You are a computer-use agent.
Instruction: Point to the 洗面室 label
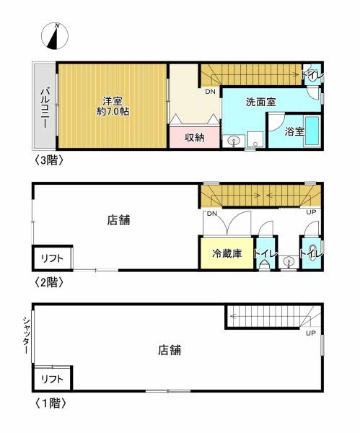(260, 102)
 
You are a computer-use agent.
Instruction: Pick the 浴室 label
(294, 132)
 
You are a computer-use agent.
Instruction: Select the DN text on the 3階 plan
(210, 92)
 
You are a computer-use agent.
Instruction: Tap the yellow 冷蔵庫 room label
(227, 254)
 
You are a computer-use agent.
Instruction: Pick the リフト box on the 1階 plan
(52, 378)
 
